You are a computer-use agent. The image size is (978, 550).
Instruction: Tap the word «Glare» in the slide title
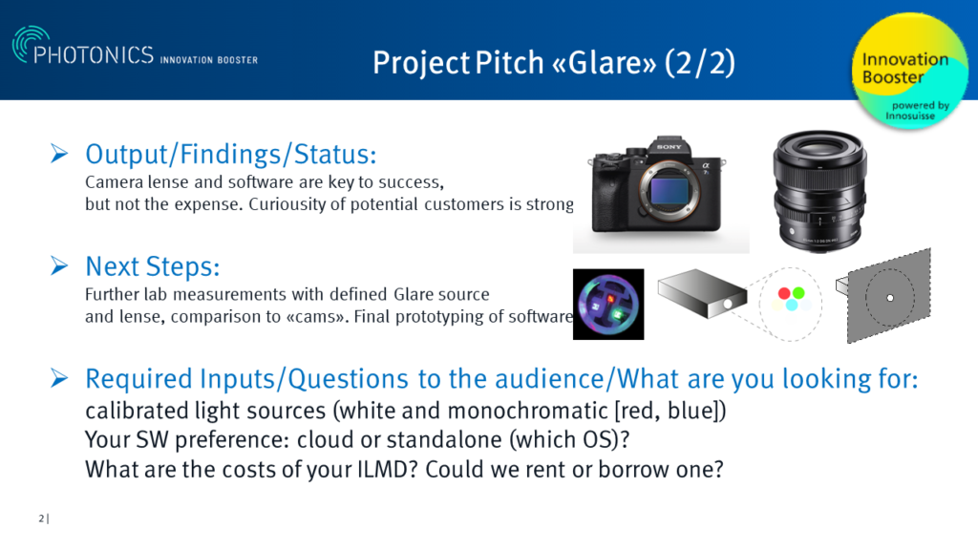point(604,62)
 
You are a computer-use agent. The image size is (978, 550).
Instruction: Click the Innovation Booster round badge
point(909,71)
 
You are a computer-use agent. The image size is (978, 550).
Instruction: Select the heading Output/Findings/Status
point(231,154)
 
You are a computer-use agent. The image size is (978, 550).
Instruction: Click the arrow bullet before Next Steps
point(59,265)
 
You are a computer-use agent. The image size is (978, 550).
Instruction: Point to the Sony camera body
point(656,186)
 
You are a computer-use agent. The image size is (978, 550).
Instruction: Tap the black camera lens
point(819,190)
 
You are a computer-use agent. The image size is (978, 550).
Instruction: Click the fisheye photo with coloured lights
point(608,305)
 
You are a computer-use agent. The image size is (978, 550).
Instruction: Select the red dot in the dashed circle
point(784,293)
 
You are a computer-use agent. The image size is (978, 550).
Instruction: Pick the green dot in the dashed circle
point(798,293)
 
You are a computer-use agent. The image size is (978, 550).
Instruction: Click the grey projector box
point(702,293)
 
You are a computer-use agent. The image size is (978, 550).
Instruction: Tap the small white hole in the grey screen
point(890,298)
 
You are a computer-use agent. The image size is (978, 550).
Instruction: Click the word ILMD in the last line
point(382,469)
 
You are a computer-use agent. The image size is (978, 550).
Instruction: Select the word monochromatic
point(527,411)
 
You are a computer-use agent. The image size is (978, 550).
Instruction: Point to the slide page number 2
point(41,518)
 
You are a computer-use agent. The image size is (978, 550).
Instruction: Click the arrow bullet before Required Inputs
point(59,378)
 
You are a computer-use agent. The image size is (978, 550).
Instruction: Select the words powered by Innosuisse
point(916,111)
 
